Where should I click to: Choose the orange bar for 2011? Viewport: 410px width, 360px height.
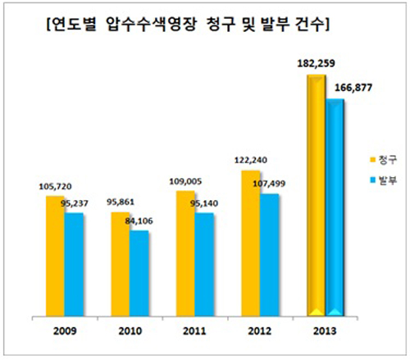184,254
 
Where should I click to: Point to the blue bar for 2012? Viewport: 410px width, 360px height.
269,254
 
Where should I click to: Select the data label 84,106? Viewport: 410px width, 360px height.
148,219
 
